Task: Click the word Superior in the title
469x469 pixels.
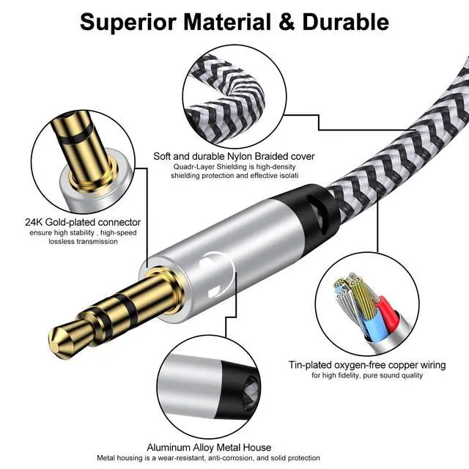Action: [x=128, y=23]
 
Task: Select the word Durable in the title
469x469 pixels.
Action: [x=346, y=22]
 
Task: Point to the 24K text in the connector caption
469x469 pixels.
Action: [x=34, y=222]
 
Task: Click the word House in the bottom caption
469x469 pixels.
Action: [x=256, y=448]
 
